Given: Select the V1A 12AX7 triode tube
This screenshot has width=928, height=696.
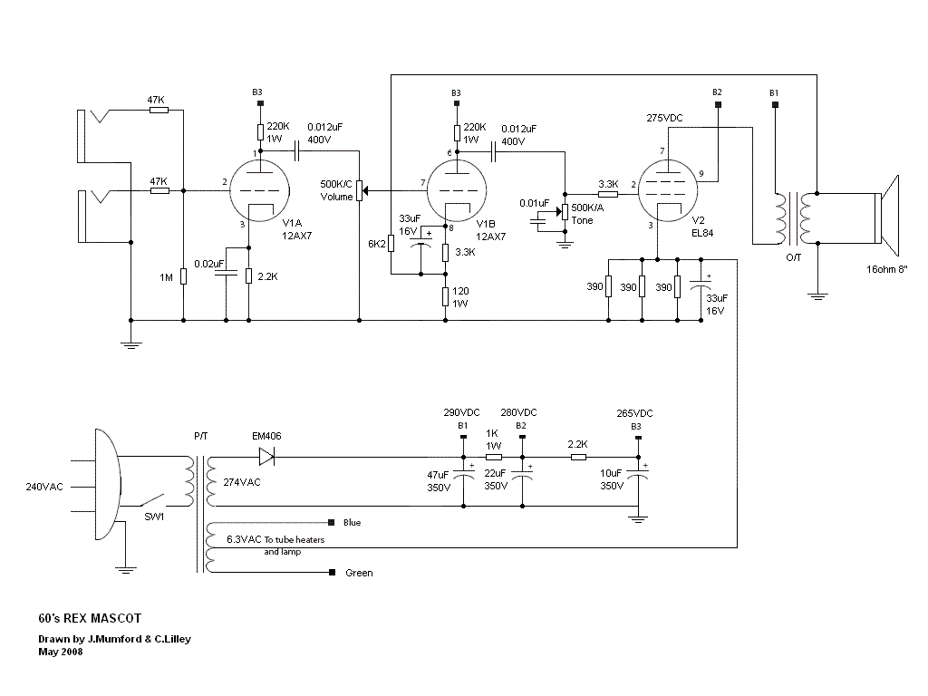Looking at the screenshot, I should coord(259,191).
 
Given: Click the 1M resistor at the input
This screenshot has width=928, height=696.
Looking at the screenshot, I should coord(183,275).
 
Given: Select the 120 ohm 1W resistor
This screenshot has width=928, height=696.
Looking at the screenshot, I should coord(445,295).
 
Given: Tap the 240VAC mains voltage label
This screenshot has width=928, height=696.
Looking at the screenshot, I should coord(45,487).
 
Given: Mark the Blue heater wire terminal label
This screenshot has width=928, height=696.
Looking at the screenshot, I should coord(353,523).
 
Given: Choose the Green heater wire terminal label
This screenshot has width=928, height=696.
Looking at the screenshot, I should coord(359,573).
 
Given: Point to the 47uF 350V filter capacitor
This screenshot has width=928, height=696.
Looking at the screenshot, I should coord(463,479).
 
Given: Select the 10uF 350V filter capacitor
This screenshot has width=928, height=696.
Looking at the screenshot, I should coord(638,479).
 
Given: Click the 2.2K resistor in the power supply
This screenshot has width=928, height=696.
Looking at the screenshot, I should coord(578,458).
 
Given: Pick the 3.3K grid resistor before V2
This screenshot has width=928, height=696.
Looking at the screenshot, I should coord(608,193).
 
